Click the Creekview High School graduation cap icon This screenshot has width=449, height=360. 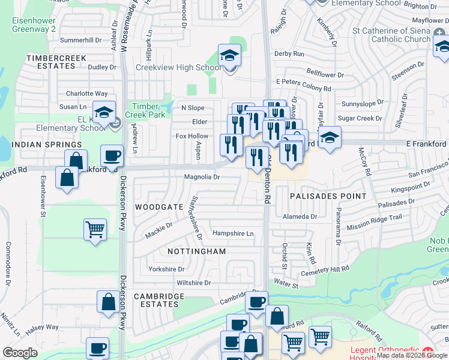tap(229, 56)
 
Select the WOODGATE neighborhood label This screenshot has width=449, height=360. tap(159, 206)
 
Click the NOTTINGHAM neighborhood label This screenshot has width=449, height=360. tap(196, 251)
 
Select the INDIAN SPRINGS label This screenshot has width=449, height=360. tap(47, 145)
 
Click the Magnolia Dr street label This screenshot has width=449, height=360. tap(202, 177)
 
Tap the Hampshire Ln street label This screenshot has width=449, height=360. tap(233, 233)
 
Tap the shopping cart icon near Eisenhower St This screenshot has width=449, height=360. tap(95, 229)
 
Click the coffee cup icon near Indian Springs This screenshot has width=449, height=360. tap(112, 155)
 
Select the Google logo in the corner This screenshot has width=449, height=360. tap(20, 353)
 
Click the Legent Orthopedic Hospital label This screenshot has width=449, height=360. tap(384, 353)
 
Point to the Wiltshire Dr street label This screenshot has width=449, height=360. tap(194, 283)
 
